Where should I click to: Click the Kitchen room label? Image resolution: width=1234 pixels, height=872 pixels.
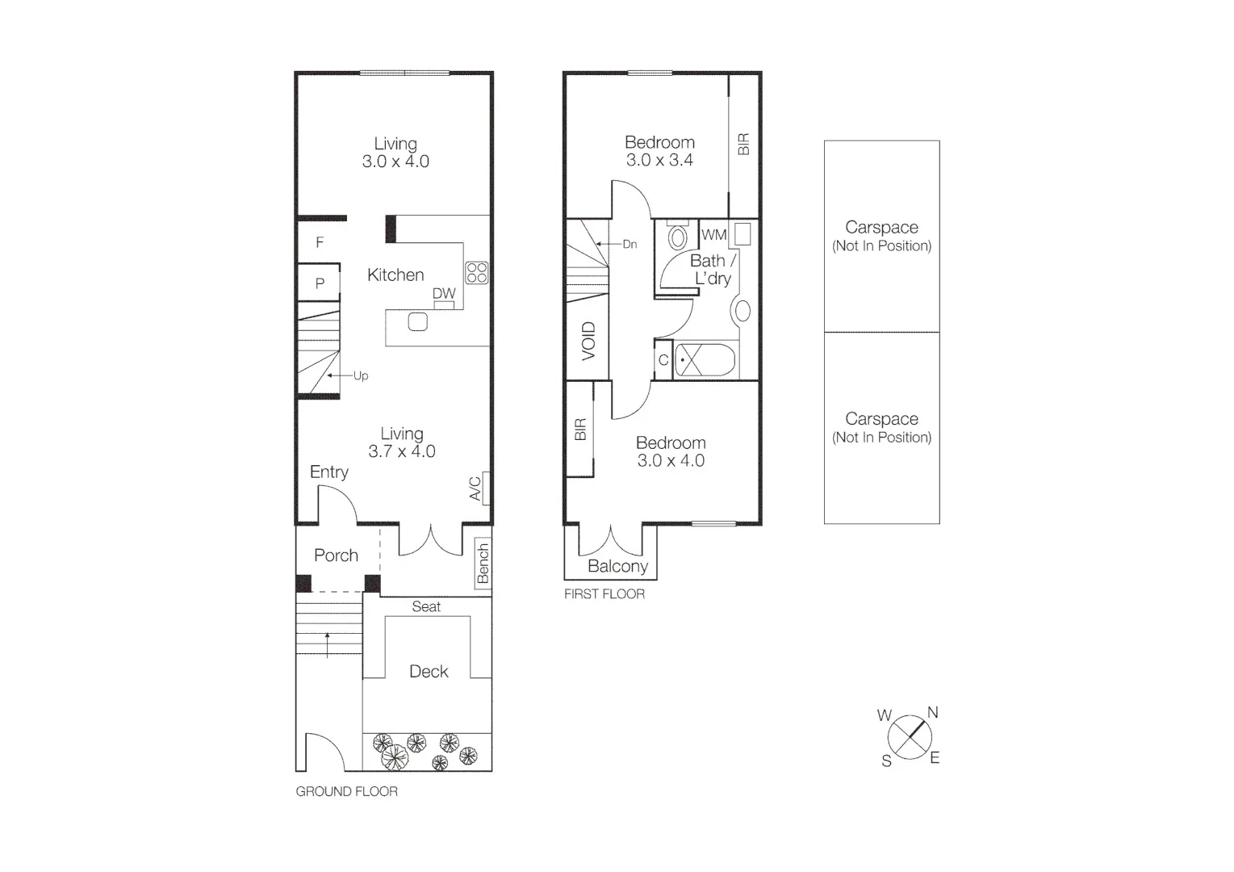[x=395, y=275]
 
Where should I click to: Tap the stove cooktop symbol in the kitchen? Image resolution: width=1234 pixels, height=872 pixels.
[x=476, y=272]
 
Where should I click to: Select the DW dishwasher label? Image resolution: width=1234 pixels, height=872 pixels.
[x=444, y=294]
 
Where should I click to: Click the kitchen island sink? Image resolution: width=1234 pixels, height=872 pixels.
[x=417, y=321]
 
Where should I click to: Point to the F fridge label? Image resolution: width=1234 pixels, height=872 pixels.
[x=320, y=242]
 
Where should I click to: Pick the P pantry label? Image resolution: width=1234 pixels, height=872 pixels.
[x=320, y=283]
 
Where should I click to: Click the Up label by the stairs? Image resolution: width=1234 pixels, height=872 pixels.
[x=361, y=376]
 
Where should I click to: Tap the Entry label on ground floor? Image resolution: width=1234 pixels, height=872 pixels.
[x=329, y=472]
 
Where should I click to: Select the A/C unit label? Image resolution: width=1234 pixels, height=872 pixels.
[x=475, y=488]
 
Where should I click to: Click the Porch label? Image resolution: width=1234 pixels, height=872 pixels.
[x=336, y=555]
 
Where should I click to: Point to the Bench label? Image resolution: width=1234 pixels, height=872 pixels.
[x=483, y=563]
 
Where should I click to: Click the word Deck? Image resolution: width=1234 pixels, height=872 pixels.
[x=429, y=672]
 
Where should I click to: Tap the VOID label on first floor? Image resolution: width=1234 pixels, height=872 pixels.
[x=588, y=341]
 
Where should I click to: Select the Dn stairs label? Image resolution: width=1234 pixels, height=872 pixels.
[x=630, y=244]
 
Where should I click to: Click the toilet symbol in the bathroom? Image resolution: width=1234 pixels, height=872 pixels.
[x=678, y=236]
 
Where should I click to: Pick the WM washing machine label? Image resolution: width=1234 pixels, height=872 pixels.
[x=713, y=235]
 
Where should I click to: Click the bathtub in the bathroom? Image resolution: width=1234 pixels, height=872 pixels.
[x=705, y=360]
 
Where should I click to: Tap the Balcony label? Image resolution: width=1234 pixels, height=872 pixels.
[x=617, y=567]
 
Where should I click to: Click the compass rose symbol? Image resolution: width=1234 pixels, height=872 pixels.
[x=910, y=737]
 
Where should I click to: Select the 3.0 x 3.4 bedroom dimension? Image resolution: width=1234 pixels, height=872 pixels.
[x=659, y=160]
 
